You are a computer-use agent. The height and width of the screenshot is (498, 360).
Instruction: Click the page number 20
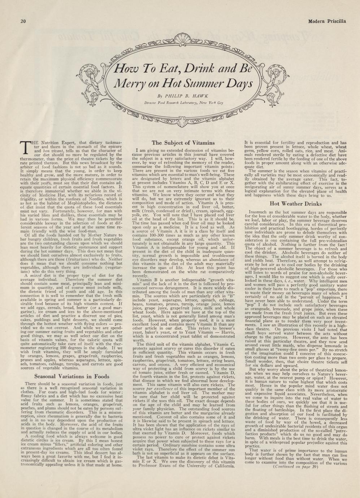click(22, 21)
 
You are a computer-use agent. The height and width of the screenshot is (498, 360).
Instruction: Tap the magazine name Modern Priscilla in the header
click(327, 21)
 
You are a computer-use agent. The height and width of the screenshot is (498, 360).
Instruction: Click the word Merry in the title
click(127, 84)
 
